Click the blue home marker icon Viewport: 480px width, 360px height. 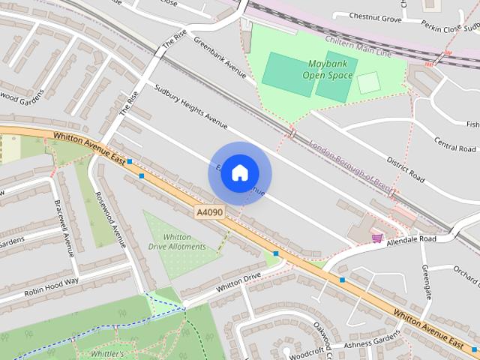coord(239,172)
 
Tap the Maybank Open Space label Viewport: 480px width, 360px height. coord(327,69)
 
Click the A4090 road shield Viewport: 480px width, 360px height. coord(208,213)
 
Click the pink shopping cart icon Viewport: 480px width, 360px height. coord(376,238)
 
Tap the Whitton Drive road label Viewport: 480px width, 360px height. coord(238,281)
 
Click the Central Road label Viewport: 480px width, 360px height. coord(455,143)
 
